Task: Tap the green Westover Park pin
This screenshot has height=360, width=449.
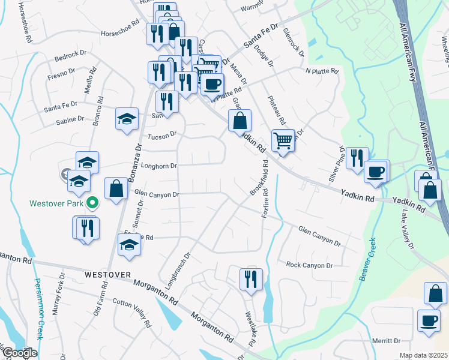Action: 92,203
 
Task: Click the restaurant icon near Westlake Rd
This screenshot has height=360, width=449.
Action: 251,279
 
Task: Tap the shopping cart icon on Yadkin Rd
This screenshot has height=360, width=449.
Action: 283,141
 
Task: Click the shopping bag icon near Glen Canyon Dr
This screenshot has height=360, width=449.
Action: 116,188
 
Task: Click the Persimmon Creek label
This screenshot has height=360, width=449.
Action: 37,309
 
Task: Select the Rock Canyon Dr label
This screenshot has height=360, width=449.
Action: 309,265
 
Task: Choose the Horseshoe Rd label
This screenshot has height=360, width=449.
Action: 120,29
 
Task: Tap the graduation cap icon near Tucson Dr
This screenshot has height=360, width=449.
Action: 127,119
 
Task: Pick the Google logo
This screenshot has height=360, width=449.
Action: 19,353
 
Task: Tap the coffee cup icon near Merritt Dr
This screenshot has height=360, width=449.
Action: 429,320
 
